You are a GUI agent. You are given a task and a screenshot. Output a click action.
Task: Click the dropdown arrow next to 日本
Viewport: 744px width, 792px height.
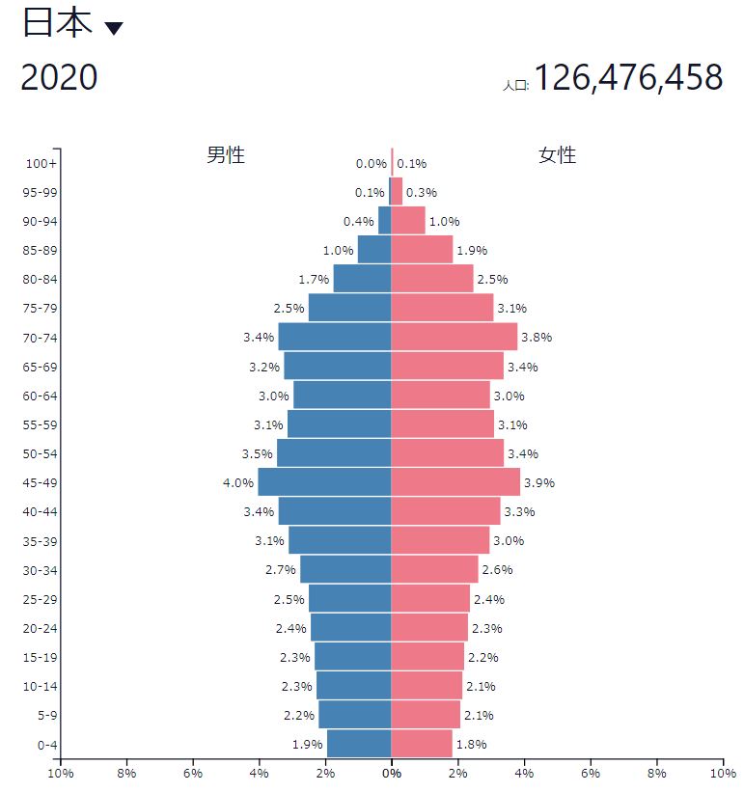point(114,28)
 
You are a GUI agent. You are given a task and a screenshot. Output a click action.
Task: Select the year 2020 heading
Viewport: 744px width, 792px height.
point(59,77)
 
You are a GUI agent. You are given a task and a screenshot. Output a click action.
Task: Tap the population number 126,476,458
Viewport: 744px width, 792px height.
point(628,77)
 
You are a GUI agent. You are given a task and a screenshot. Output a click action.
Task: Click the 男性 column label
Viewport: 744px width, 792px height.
point(226,155)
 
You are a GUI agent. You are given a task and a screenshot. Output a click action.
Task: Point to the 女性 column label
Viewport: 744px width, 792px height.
point(557,155)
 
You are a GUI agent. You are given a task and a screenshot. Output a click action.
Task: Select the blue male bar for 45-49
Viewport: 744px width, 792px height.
point(324,482)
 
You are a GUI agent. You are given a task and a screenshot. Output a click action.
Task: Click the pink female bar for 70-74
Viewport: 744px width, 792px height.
point(455,337)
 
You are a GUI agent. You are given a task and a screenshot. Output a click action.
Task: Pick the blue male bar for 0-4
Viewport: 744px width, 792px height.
point(359,744)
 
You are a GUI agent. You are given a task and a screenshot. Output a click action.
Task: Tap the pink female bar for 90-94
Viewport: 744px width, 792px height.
point(408,220)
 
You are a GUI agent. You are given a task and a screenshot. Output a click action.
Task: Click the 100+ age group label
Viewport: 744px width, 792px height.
point(41,164)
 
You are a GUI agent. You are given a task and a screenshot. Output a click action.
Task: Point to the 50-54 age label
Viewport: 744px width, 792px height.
point(40,454)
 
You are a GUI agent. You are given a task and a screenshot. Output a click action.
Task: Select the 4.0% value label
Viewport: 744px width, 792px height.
point(238,483)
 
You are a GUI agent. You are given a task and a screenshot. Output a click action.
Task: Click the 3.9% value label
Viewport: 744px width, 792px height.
point(538,483)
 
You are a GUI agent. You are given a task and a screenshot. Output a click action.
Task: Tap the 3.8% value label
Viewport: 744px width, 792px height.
point(537,337)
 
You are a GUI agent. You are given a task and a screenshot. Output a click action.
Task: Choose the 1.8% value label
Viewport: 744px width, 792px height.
point(471,744)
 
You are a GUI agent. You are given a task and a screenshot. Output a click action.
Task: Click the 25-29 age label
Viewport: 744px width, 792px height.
point(40,600)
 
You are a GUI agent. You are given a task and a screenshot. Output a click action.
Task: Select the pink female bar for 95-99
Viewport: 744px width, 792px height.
point(397,191)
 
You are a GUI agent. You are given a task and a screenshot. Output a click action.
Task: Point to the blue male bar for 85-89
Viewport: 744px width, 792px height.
point(374,249)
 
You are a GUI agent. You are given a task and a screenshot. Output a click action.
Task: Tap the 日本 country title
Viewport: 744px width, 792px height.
point(58,23)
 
